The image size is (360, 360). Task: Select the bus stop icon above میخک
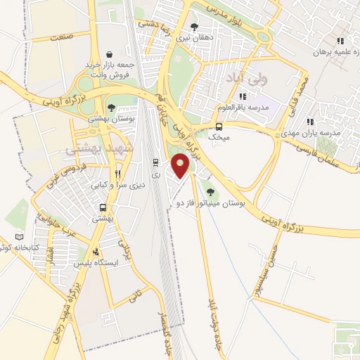[x=219, y=127]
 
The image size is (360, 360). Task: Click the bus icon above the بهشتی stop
[x=103, y=207]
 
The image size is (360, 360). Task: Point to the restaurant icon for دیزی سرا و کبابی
[x=118, y=174]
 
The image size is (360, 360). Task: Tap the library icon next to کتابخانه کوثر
[x=20, y=236]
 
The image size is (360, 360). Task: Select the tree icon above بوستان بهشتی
[x=111, y=107]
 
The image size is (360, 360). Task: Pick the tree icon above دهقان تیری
[x=195, y=27]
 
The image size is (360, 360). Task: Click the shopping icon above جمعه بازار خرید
[x=108, y=53]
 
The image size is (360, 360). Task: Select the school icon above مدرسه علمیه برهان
[x=340, y=41]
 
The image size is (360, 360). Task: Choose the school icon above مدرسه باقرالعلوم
[x=243, y=96]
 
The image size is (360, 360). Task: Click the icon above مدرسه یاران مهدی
[x=311, y=122]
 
